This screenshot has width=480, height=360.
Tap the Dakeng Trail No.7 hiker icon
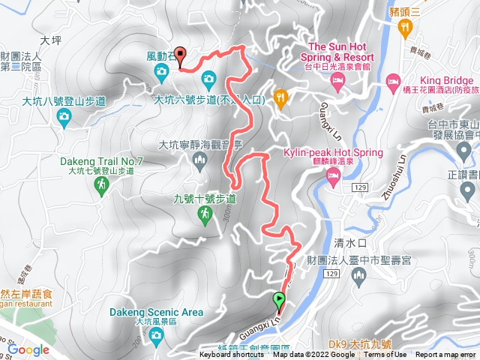point(102,183)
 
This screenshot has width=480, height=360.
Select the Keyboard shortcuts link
point(232,355)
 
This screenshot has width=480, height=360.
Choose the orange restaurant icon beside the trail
point(281,97)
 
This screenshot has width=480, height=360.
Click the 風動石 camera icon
point(161,72)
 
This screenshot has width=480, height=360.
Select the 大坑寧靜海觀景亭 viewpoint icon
point(199,161)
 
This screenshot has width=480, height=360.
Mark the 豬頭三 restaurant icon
point(406,28)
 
